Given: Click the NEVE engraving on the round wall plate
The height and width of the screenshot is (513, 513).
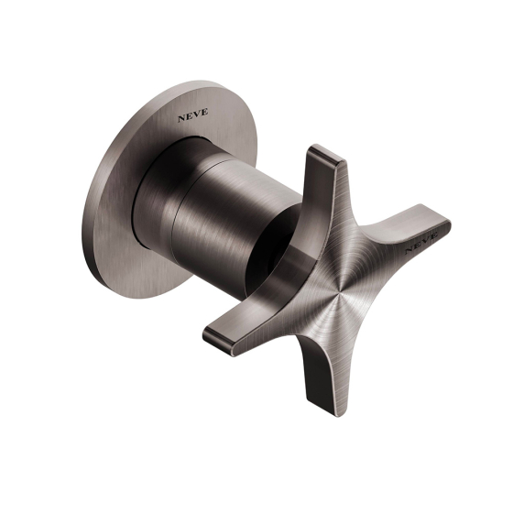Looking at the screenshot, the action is (x=192, y=115).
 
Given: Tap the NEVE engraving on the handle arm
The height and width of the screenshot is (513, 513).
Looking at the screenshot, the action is (x=421, y=243).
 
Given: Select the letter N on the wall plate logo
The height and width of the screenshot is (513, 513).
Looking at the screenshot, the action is (x=181, y=118).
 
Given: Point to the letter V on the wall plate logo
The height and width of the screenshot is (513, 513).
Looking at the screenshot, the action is (x=197, y=114).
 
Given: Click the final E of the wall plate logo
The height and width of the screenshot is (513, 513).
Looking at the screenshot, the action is (x=204, y=112).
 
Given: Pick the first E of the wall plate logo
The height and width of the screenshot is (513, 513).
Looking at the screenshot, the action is (x=189, y=116).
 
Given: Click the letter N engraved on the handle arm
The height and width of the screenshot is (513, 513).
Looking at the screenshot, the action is (x=409, y=250).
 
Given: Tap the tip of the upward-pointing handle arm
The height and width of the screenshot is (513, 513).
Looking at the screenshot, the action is (x=324, y=153).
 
